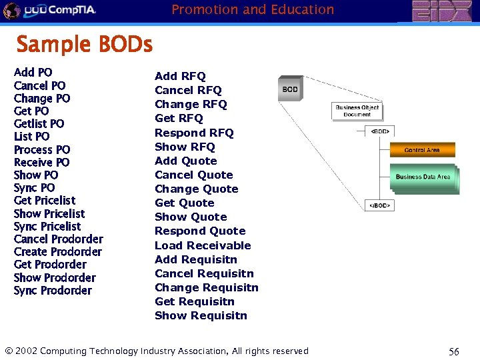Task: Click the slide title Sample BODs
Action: [x=85, y=45]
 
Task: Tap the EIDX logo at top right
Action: [x=441, y=11]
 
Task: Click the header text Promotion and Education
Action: [x=253, y=9]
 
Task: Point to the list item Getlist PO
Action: [x=39, y=123]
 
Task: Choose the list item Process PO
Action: [x=41, y=149]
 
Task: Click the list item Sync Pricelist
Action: [x=47, y=226]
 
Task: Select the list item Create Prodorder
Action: [x=58, y=252]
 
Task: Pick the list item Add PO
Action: [x=33, y=72]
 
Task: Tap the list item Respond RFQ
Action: [x=194, y=133]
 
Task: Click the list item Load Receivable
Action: [x=203, y=245]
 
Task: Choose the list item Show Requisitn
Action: [x=201, y=315]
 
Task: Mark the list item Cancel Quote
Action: [x=193, y=175]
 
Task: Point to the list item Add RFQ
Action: [x=180, y=76]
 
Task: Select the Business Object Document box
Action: [x=357, y=111]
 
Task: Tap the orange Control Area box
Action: [x=421, y=150]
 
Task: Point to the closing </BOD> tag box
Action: [x=380, y=206]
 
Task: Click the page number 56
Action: [x=454, y=351]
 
